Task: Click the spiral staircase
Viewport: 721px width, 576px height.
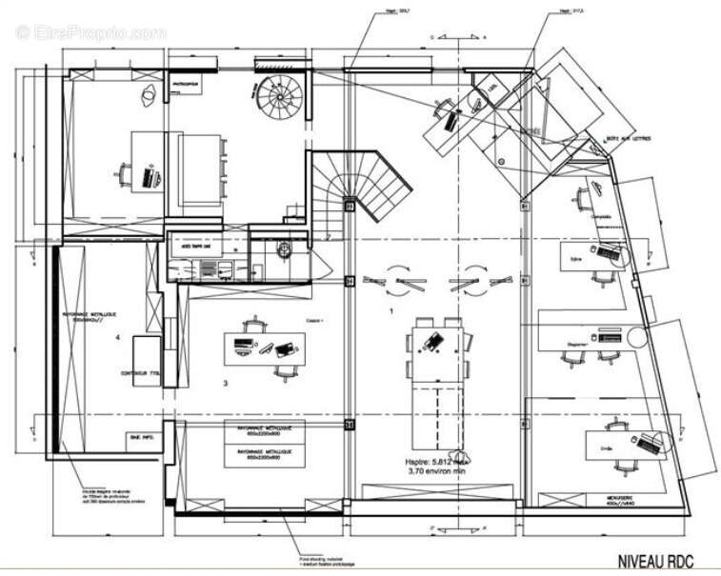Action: click(279, 96)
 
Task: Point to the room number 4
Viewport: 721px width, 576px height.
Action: click(118, 337)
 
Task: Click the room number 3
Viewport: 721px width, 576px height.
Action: click(225, 384)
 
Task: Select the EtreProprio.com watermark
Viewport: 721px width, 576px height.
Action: click(90, 32)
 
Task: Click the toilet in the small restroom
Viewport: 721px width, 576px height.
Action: click(283, 248)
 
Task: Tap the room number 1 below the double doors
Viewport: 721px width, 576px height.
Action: click(390, 311)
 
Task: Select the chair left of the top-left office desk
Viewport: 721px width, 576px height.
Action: click(124, 174)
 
